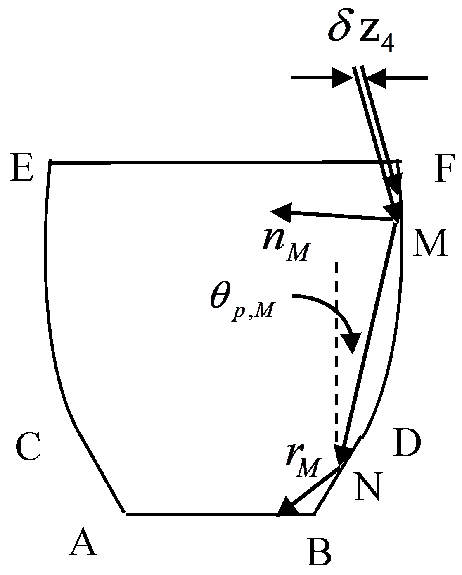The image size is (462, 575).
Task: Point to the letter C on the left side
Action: point(28,447)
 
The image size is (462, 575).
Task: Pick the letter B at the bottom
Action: point(319,552)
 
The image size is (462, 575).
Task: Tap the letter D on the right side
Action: point(407,443)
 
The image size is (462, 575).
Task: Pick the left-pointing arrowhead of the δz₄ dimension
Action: point(376,78)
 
